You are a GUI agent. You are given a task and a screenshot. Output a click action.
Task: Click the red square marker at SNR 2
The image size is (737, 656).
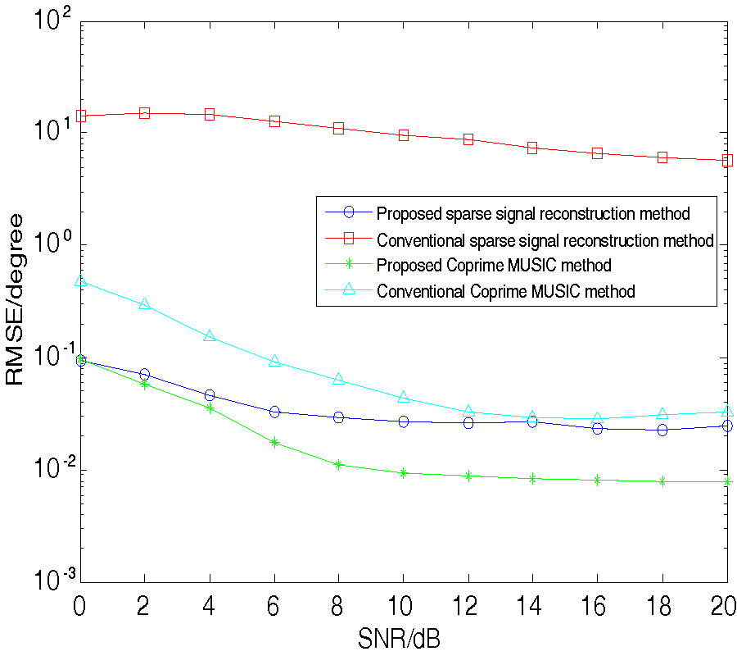click(145, 113)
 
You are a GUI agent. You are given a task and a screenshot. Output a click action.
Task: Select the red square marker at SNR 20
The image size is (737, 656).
click(727, 161)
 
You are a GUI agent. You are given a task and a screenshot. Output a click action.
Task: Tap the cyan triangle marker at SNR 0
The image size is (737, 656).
click(80, 281)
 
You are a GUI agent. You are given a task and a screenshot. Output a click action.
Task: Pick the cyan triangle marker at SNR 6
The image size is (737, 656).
click(274, 362)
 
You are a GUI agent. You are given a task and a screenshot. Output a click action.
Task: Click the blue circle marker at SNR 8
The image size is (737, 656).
click(339, 417)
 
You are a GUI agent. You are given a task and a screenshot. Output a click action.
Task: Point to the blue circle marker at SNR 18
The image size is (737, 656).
click(662, 430)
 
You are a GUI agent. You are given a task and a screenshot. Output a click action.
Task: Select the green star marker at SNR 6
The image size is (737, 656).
click(274, 442)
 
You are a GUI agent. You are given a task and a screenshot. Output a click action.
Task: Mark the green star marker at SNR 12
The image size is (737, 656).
click(468, 476)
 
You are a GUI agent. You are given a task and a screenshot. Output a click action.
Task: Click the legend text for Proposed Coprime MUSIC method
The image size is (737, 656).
click(494, 266)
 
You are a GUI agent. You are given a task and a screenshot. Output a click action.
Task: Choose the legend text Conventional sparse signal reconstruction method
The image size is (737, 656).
click(545, 240)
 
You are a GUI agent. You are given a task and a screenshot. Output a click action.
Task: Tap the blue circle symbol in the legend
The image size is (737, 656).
click(348, 213)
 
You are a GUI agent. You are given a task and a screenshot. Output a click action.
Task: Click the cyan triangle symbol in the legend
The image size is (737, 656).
click(348, 289)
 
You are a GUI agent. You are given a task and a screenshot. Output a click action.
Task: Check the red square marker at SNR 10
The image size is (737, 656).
click(404, 134)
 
